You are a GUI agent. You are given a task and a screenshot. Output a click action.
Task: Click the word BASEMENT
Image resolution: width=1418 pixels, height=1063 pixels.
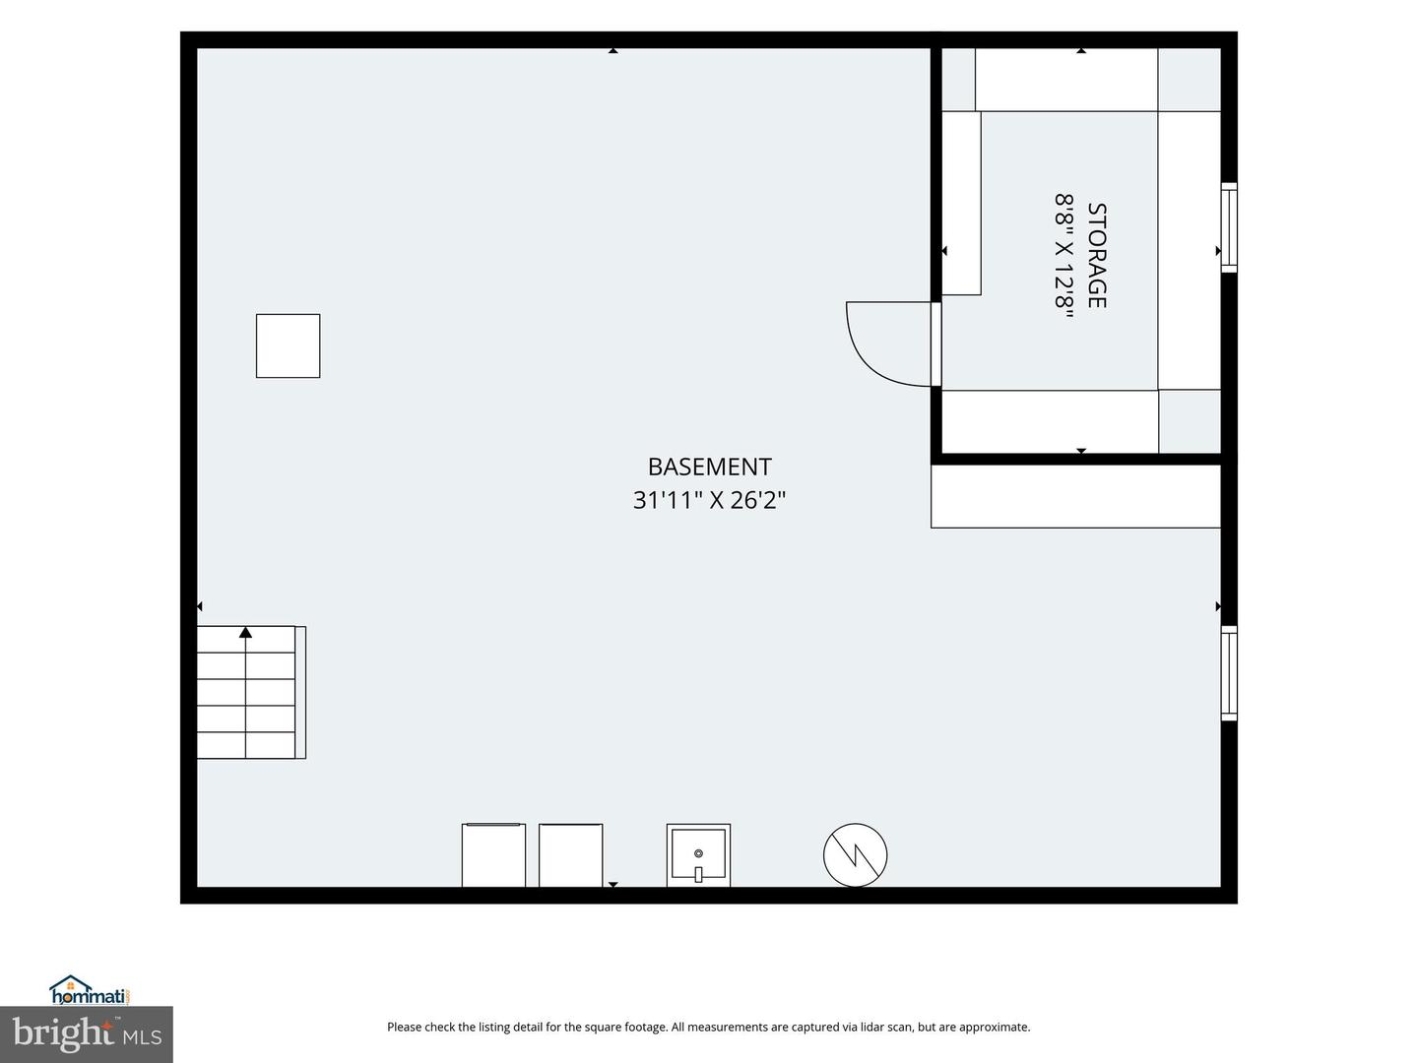click(x=709, y=467)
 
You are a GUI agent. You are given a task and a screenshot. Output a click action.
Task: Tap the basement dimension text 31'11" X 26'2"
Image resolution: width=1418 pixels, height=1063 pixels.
click(x=709, y=500)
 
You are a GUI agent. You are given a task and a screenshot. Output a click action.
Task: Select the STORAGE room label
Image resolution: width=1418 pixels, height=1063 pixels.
click(x=1096, y=256)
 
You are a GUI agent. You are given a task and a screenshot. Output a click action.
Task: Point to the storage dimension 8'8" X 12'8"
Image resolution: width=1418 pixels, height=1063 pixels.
click(x=1063, y=256)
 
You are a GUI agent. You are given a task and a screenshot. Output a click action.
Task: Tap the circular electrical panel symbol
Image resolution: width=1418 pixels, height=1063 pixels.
click(x=855, y=855)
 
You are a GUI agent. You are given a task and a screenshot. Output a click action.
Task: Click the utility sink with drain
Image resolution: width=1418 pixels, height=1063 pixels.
click(x=698, y=855)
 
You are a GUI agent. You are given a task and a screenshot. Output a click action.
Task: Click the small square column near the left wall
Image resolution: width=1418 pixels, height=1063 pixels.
click(x=289, y=345)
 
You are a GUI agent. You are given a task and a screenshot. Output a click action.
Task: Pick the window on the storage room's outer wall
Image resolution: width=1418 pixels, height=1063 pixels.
click(x=1229, y=227)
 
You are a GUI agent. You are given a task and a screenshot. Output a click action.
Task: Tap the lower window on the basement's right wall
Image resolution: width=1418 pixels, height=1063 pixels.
click(x=1229, y=673)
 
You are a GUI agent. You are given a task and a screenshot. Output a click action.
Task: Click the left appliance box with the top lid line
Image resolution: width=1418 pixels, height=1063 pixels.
click(x=493, y=855)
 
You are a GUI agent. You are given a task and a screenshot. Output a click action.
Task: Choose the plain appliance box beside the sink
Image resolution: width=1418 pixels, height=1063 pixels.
click(x=570, y=855)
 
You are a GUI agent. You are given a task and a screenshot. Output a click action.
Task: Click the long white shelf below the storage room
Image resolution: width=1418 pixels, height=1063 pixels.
click(x=1075, y=496)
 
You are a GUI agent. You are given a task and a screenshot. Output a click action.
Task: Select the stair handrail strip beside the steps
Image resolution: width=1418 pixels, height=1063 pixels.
click(x=300, y=693)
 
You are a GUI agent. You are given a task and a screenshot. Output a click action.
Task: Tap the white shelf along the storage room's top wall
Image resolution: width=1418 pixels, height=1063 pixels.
click(x=1065, y=80)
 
